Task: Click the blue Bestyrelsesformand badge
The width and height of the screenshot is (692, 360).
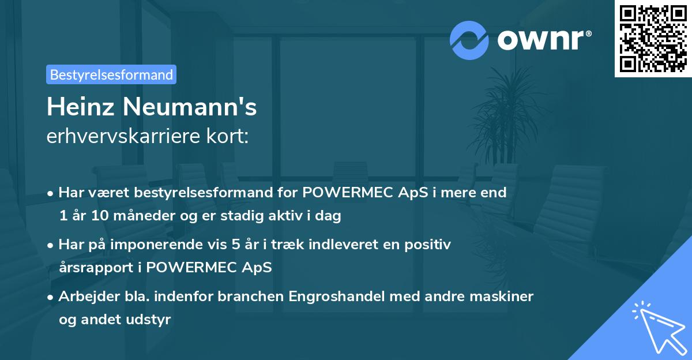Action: pos(111,74)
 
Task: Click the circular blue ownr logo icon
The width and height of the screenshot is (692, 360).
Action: pos(469,40)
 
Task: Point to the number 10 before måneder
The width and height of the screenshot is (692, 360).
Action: pos(93,216)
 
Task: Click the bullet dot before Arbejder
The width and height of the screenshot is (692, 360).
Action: pos(51,297)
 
